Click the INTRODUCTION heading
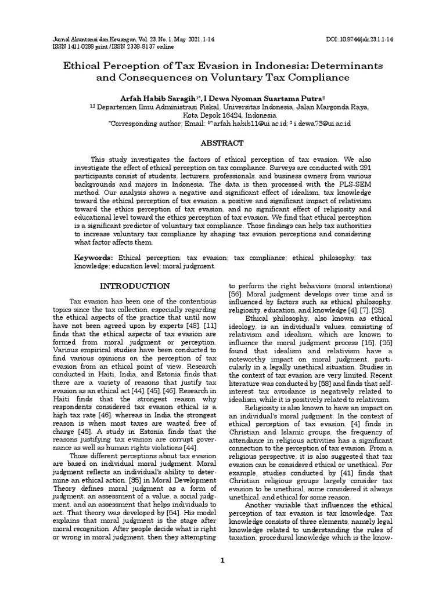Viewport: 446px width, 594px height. pyautogui.click(x=135, y=286)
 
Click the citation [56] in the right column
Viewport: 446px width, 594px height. pyautogui.click(x=235, y=294)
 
